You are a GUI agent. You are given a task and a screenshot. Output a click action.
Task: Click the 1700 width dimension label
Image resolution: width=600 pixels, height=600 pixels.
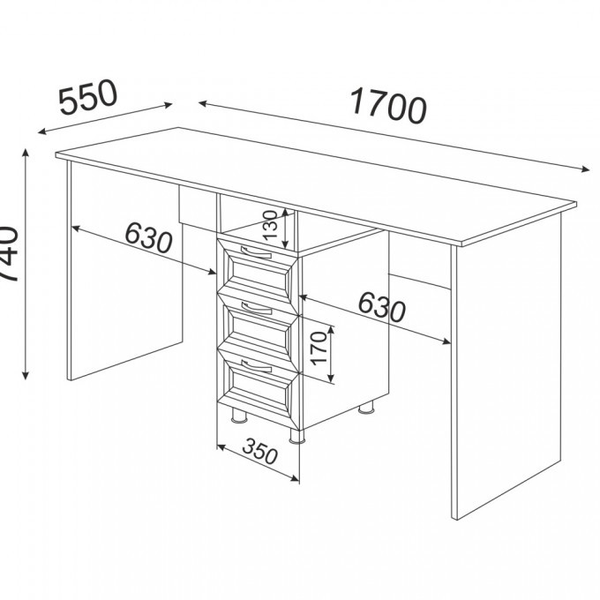[x=388, y=106]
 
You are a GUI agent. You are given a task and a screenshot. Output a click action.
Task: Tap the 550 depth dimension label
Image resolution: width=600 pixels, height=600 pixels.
[x=88, y=98]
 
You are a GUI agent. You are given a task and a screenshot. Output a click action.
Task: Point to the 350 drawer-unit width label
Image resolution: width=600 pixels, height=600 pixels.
[x=259, y=451]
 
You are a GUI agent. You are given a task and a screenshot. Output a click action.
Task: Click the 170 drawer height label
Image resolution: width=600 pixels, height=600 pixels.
[x=319, y=348]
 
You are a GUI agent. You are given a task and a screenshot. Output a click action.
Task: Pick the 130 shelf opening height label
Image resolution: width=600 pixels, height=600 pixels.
[x=270, y=225]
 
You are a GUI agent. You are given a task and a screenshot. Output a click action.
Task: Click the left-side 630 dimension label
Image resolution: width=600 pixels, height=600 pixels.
[x=148, y=238]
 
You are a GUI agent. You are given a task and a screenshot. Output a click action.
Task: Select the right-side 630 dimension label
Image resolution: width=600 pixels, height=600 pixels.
[x=381, y=306]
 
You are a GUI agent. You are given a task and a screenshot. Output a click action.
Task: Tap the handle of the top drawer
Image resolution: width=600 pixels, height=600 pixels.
[x=256, y=252]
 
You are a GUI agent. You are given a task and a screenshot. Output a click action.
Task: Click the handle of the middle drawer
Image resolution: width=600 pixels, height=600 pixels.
[x=256, y=309]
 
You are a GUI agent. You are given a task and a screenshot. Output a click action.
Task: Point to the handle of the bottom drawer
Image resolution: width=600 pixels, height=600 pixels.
[x=256, y=366]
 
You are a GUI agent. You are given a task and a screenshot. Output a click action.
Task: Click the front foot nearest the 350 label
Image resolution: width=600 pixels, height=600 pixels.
[x=297, y=436]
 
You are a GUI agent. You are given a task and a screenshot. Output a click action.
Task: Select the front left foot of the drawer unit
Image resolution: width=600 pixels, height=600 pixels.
[x=239, y=416]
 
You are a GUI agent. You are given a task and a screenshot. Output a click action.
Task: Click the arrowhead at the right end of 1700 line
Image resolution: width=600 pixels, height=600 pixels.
[x=586, y=169]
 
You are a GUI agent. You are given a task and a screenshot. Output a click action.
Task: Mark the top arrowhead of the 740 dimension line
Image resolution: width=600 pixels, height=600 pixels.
[x=26, y=154]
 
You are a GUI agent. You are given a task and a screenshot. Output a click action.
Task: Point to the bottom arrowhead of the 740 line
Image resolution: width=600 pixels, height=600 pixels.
[x=26, y=374]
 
